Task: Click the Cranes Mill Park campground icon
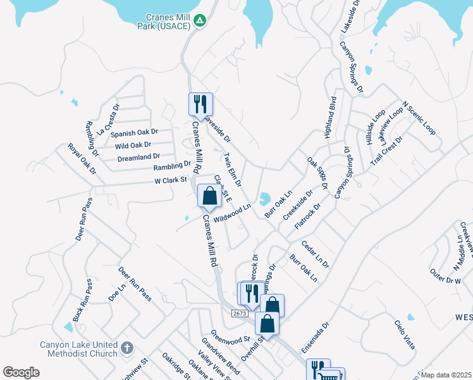200,21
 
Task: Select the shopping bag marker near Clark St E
209,196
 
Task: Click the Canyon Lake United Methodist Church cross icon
126,347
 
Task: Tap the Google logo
21,372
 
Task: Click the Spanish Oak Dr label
133,134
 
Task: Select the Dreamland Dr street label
138,156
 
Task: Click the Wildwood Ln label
232,213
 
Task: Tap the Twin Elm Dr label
232,169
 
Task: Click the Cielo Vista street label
405,335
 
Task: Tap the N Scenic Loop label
419,117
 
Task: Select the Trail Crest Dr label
386,150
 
